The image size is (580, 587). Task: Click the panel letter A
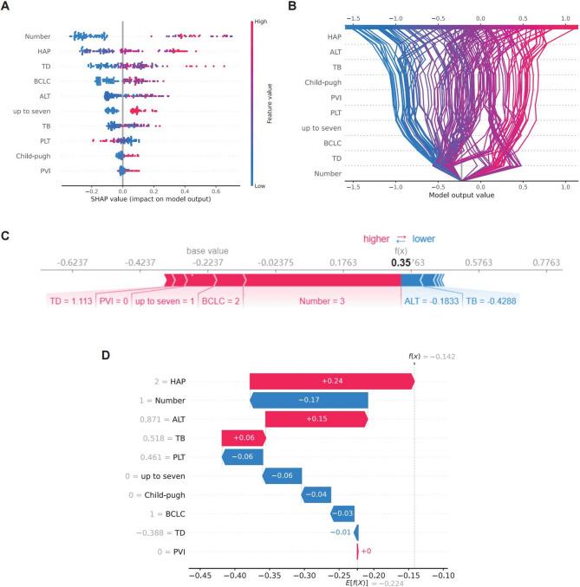point(6,7)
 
